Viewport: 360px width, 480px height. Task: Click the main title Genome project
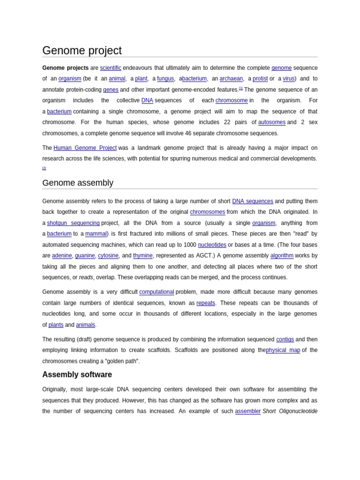pyautogui.click(x=82, y=51)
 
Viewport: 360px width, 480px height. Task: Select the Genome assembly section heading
pyautogui.click(x=78, y=183)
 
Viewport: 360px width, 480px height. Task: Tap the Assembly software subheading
pyautogui.click(x=77, y=375)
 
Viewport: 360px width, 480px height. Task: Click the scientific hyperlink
pyautogui.click(x=111, y=68)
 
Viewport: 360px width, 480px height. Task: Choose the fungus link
pyautogui.click(x=165, y=79)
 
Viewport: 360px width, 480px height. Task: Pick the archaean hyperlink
pyautogui.click(x=231, y=79)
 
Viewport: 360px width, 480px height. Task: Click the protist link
pyautogui.click(x=260, y=79)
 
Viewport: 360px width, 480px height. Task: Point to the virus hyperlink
pyautogui.click(x=288, y=79)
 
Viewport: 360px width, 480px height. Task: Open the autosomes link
pyautogui.click(x=272, y=122)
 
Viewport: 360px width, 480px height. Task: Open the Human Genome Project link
pyautogui.click(x=85, y=148)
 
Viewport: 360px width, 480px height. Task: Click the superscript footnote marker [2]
pyautogui.click(x=44, y=168)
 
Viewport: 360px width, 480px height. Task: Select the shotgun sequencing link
pyautogui.click(x=73, y=223)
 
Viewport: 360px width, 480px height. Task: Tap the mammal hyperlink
pyautogui.click(x=96, y=234)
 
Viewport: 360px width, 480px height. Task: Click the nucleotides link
pyautogui.click(x=212, y=245)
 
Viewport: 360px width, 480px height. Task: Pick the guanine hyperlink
pyautogui.click(x=85, y=256)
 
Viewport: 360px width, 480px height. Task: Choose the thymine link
pyautogui.click(x=142, y=256)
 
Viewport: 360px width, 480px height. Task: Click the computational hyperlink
pyautogui.click(x=157, y=292)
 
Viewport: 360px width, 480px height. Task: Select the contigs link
pyautogui.click(x=285, y=339)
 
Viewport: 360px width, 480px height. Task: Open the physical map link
pyautogui.click(x=283, y=350)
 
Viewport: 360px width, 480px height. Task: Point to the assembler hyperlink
pyautogui.click(x=247, y=411)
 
